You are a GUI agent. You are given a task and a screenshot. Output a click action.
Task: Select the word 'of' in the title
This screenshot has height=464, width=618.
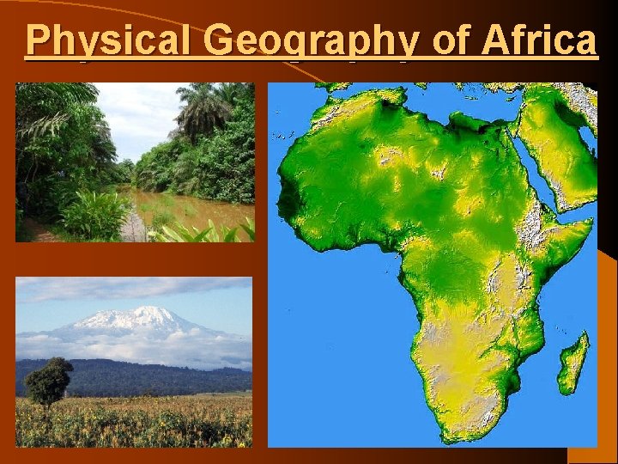(452, 39)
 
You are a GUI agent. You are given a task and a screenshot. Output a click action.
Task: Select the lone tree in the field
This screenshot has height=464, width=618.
(49, 380)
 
